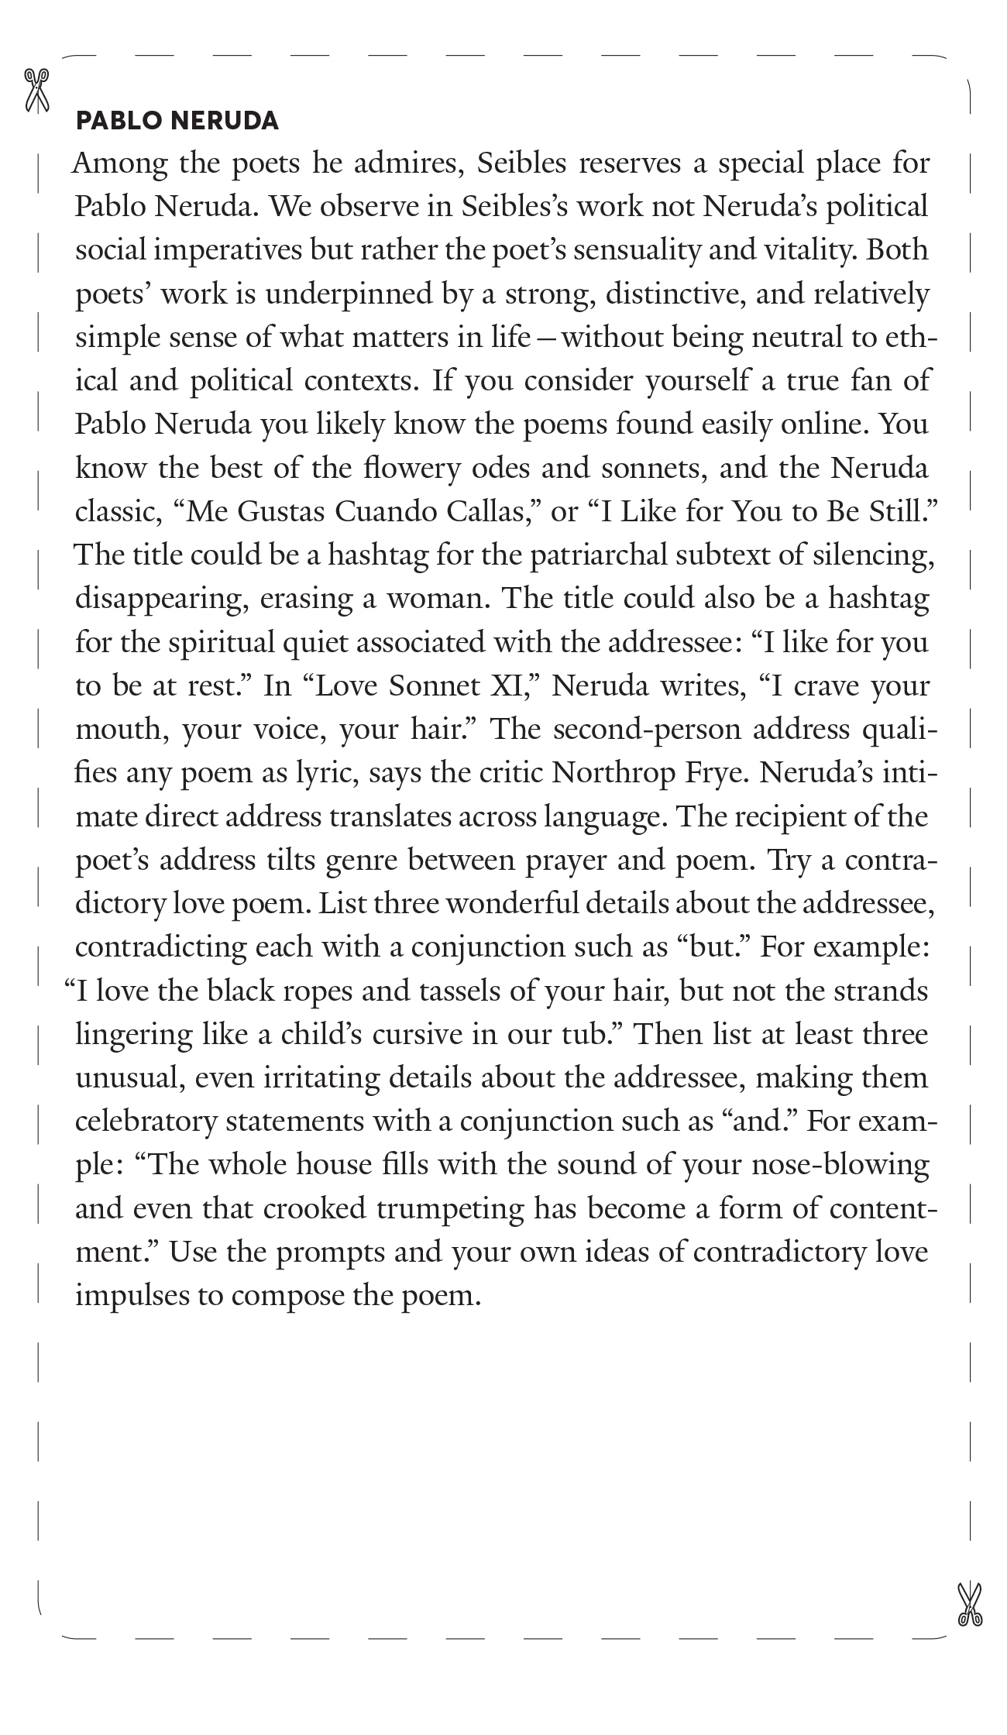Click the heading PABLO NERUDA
[177, 121]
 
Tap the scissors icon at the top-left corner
[36, 90]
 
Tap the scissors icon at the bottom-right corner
[969, 1605]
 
